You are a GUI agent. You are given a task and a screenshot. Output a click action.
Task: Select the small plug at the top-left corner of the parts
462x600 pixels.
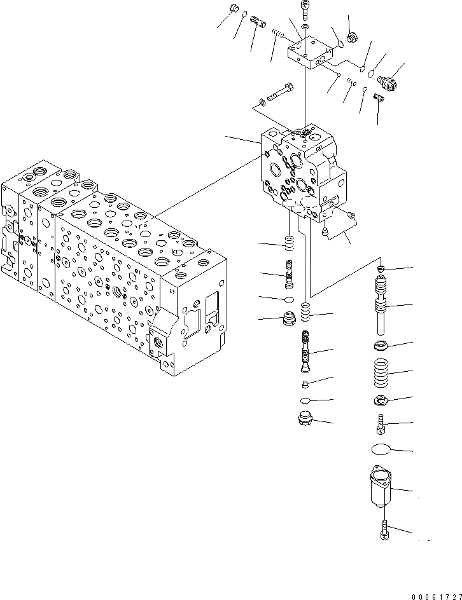[x=233, y=10]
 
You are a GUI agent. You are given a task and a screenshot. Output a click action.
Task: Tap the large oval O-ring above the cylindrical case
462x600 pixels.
[x=382, y=449]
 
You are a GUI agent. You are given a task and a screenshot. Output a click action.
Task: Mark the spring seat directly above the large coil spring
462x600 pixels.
[x=382, y=346]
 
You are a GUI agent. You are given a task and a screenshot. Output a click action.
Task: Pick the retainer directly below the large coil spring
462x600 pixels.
[x=382, y=400]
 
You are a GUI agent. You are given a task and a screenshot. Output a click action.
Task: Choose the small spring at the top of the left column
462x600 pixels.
[x=290, y=244]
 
